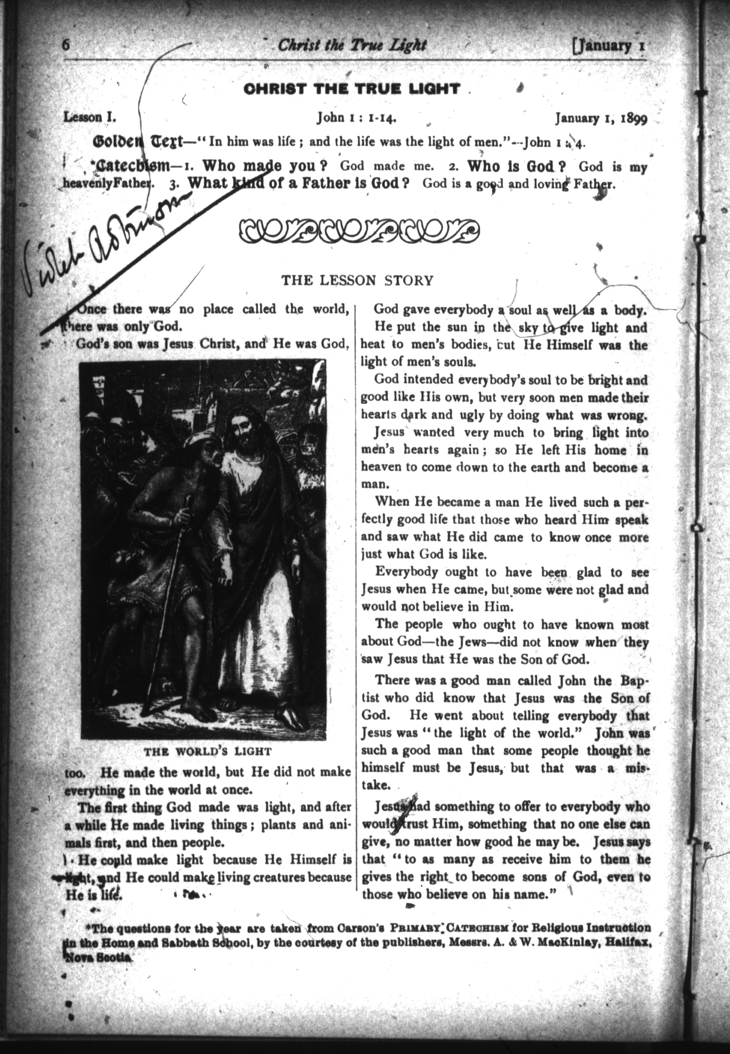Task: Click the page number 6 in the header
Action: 67,46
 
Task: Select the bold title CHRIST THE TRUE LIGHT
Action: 351,89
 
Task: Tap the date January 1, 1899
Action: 601,119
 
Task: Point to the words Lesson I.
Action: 90,117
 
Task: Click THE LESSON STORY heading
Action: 357,280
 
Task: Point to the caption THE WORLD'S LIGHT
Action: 208,752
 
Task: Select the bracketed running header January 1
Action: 609,46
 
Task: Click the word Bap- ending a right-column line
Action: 634,680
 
